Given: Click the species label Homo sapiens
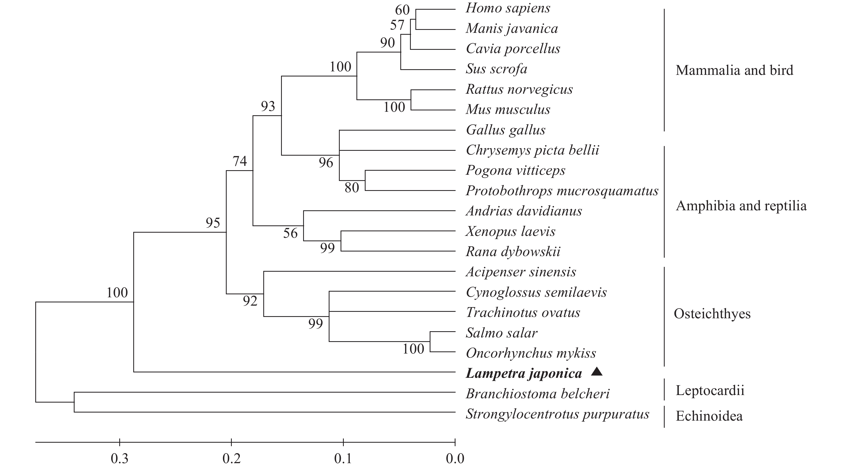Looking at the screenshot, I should click(508, 8).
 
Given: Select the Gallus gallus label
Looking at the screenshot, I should click(506, 130).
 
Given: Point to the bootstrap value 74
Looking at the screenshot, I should click(240, 161).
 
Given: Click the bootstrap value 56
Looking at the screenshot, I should click(290, 233).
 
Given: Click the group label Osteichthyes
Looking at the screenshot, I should click(712, 313).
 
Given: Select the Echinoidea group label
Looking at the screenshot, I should click(709, 416).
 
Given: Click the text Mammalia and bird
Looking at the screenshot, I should click(734, 70).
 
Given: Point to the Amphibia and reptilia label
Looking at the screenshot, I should click(741, 206).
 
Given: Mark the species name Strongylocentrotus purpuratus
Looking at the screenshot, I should click(557, 414).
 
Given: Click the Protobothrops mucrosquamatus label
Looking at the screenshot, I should click(562, 191).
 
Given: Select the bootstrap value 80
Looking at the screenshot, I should click(352, 188).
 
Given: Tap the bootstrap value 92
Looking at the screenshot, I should click(250, 301).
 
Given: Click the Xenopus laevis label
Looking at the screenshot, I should click(510, 231).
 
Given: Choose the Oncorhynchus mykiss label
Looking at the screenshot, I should click(531, 353).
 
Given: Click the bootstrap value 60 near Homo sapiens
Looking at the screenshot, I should click(402, 10).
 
